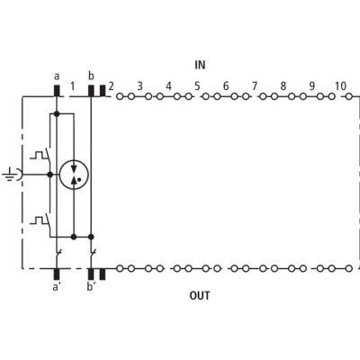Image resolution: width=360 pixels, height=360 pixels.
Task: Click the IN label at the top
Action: point(200,65)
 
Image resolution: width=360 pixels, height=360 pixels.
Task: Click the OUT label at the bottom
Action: point(200,295)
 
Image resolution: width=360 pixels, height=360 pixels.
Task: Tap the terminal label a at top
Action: point(57,76)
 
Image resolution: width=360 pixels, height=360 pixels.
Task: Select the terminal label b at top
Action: point(91,76)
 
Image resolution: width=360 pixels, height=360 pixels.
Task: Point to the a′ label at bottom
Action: point(56,287)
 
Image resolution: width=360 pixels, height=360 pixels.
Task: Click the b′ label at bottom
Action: point(91,286)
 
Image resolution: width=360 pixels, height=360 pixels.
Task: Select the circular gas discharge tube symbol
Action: point(74,174)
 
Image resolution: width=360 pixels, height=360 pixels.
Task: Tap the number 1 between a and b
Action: point(72,86)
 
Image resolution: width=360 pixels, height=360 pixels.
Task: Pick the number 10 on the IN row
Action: point(340,86)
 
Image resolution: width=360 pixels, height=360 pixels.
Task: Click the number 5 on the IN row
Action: point(197,86)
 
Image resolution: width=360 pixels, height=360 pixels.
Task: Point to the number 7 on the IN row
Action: point(255,86)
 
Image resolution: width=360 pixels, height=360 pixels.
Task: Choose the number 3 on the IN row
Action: point(139,86)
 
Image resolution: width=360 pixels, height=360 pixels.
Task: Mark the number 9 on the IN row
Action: point(312,86)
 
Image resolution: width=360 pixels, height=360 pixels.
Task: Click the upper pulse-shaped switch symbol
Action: point(42,155)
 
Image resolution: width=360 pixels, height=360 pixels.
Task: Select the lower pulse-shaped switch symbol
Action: point(42,221)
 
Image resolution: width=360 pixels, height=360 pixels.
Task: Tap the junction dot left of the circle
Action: point(50,175)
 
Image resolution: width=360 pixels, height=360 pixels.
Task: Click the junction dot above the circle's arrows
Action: point(57,114)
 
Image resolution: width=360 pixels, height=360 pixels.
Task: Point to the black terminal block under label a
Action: point(57,91)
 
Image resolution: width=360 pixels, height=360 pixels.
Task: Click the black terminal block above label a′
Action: point(57,274)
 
